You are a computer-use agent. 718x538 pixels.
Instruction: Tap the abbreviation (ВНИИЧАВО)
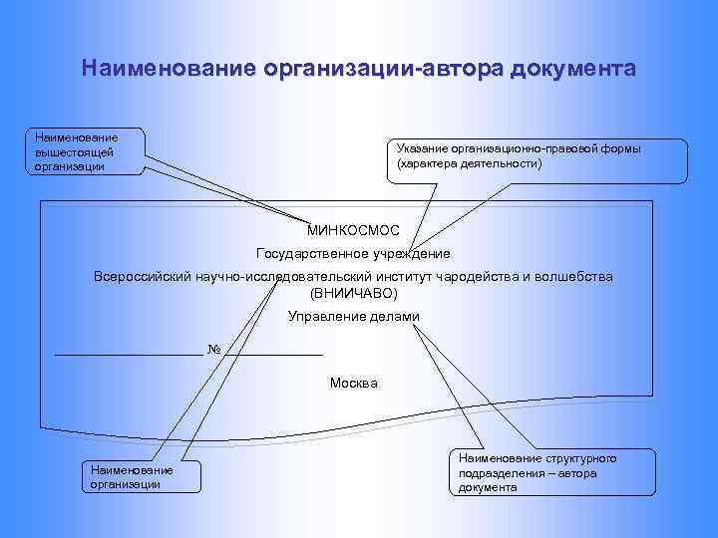[x=354, y=294]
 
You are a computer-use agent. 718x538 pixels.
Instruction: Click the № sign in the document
[x=213, y=349]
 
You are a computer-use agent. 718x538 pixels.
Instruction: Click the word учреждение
[x=408, y=254]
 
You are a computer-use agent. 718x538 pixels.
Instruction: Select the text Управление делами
[x=354, y=317]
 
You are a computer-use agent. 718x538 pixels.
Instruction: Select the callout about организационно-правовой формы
[x=536, y=156]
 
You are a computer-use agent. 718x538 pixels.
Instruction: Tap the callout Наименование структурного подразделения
[x=554, y=473]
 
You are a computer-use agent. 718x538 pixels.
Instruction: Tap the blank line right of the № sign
[x=273, y=354]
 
